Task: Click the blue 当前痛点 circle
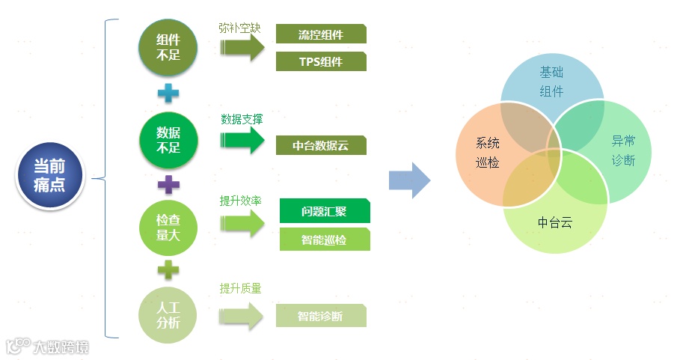pyautogui.click(x=49, y=178)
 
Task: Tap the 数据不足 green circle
pyautogui.click(x=168, y=140)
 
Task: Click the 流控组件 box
pyautogui.click(x=321, y=34)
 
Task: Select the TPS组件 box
pyautogui.click(x=321, y=61)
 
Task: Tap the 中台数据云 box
pyautogui.click(x=321, y=146)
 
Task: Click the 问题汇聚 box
pyautogui.click(x=324, y=212)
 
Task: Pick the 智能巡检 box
pyautogui.click(x=324, y=240)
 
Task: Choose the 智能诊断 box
pyautogui.click(x=321, y=316)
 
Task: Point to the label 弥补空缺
pyautogui.click(x=239, y=28)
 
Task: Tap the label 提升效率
pyautogui.click(x=240, y=201)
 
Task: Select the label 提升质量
pyautogui.click(x=240, y=288)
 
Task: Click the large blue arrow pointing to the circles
pyautogui.click(x=409, y=180)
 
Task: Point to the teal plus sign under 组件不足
pyautogui.click(x=168, y=94)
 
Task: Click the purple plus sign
pyautogui.click(x=168, y=184)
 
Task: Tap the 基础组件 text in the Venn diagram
pyautogui.click(x=551, y=82)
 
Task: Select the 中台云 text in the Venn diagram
pyautogui.click(x=554, y=222)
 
